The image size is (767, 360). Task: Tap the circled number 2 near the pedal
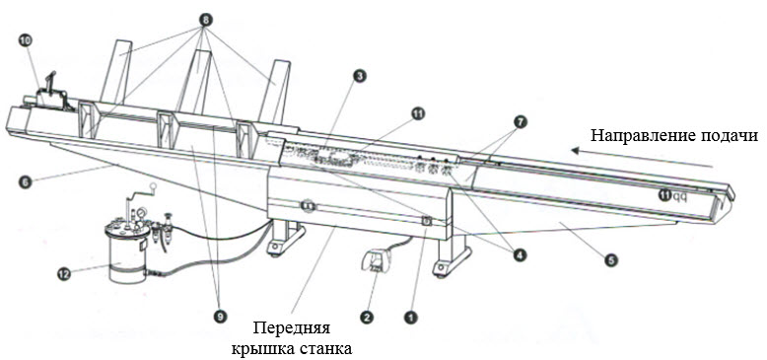tap(366, 317)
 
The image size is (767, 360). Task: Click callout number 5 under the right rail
tap(611, 260)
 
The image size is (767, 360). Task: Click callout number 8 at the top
tap(205, 19)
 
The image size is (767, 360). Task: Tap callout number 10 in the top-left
tap(25, 40)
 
